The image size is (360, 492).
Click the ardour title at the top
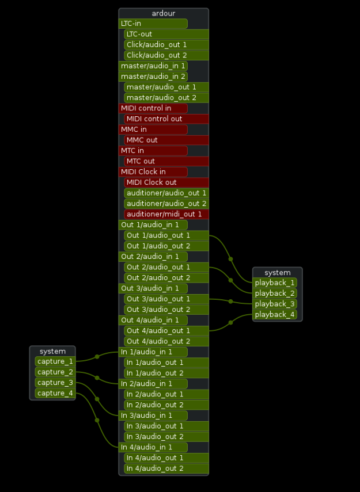163,13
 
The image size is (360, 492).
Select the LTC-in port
153,24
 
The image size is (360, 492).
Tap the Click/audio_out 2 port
166,55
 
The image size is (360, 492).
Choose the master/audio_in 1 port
153,66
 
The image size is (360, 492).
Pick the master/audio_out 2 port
166,98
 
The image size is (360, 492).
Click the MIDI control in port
153,108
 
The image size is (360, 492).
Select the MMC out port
166,140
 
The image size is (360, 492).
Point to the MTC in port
153,151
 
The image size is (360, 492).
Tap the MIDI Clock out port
166,182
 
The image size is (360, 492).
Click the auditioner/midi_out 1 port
166,214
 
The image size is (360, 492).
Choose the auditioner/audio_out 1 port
166,193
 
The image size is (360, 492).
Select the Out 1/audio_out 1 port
166,235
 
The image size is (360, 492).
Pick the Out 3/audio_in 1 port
153,288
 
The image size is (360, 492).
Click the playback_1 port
275,283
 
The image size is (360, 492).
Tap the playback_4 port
275,315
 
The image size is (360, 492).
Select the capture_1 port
55,361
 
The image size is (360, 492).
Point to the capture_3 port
55,383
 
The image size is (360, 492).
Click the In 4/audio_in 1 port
153,447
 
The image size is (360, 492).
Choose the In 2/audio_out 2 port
166,405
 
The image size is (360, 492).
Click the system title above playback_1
277,273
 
